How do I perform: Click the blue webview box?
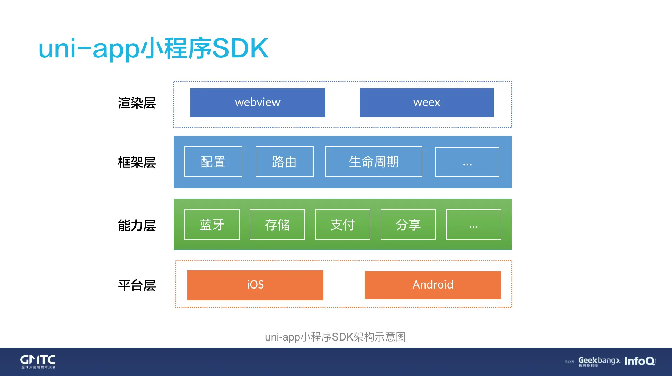point(257,103)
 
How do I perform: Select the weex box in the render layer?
point(426,103)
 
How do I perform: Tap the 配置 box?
point(213,162)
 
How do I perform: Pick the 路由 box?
point(284,162)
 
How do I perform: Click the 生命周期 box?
point(374,162)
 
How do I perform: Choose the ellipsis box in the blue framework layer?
point(467,162)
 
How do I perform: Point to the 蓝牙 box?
point(212,225)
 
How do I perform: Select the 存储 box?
point(277,225)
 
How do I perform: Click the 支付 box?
point(342,225)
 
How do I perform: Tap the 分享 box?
point(408,225)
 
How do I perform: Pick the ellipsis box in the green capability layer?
point(473,225)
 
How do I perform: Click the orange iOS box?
point(255,285)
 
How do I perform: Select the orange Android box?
point(433,285)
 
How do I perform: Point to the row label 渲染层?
point(137,103)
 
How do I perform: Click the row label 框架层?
point(137,162)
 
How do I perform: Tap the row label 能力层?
point(137,225)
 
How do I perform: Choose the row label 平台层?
point(137,285)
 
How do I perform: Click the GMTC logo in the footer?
point(38,361)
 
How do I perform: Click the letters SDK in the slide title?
point(240,48)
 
